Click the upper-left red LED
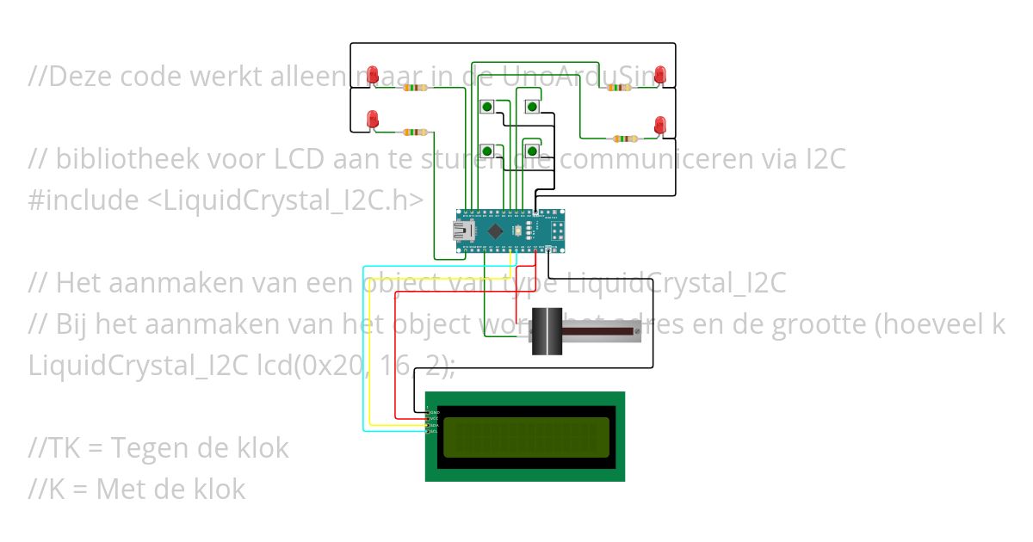click(374, 74)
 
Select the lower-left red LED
click(373, 119)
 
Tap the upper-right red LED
click(660, 74)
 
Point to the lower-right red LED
click(660, 125)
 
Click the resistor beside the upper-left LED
click(417, 88)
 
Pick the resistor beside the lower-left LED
click(415, 132)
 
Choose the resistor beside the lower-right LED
click(623, 138)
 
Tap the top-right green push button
click(532, 108)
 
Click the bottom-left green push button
click(487, 151)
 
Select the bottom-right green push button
click(532, 151)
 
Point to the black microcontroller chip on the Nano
click(496, 231)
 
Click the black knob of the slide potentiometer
click(546, 331)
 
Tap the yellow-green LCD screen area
click(526, 436)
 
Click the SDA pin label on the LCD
click(433, 425)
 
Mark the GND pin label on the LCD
click(433, 413)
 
